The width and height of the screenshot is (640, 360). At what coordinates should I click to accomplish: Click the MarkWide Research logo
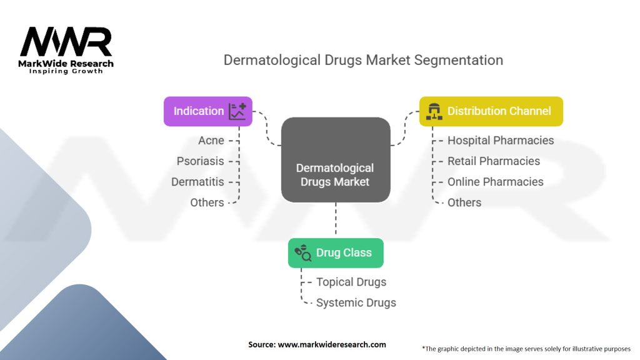[66, 50]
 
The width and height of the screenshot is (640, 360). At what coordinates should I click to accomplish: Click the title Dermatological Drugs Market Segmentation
[363, 61]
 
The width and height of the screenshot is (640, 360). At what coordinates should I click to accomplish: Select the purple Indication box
[207, 111]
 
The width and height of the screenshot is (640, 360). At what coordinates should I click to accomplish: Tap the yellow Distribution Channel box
[491, 111]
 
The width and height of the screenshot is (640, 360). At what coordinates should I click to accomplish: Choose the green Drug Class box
[336, 253]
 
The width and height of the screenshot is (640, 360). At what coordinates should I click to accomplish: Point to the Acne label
[211, 140]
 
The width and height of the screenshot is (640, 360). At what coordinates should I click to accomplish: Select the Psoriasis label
[200, 161]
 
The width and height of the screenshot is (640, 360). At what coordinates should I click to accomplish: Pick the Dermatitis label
[197, 182]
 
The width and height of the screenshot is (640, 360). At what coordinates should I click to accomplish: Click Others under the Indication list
[207, 202]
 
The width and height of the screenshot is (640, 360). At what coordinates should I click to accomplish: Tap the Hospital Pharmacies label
[501, 140]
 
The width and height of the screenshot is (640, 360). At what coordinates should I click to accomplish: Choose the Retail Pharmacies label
[493, 161]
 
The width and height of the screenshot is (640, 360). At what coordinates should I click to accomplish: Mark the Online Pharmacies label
[495, 182]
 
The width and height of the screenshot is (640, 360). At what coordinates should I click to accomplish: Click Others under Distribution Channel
[464, 202]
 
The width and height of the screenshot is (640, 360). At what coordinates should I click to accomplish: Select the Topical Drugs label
[351, 282]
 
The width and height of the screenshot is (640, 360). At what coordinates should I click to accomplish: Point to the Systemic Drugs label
[356, 302]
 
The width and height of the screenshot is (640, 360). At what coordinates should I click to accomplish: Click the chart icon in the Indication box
[237, 111]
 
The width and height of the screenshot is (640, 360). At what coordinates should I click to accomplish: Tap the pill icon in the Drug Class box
[302, 253]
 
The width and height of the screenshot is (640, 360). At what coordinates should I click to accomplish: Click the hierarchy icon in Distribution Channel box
[433, 111]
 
